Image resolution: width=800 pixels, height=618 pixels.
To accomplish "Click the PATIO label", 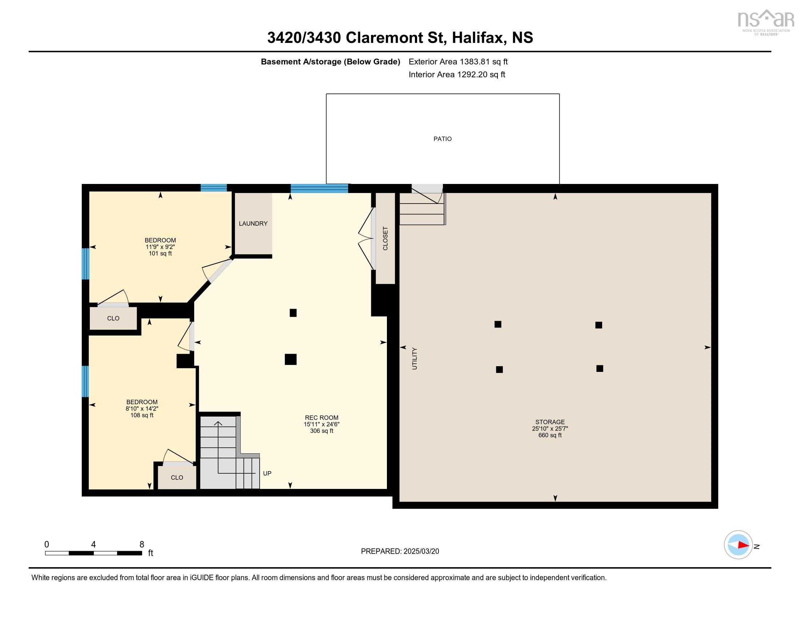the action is pos(443,139).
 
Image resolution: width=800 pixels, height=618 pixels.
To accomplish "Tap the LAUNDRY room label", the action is pos(253,223).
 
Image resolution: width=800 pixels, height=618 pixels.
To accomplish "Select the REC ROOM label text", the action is pos(321,418).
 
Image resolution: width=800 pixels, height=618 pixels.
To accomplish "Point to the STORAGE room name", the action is pos(550,422).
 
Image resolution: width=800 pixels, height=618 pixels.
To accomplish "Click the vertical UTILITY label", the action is pos(415,358).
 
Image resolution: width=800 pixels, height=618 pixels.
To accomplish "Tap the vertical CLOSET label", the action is pos(385,238).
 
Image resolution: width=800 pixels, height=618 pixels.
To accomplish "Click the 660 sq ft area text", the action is pos(550,435).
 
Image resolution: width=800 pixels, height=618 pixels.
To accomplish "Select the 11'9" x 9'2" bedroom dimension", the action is pos(160,247).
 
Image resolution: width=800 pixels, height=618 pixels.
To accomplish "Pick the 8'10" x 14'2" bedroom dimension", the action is pos(142,409).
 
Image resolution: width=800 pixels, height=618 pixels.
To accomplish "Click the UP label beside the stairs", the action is pos(267,473).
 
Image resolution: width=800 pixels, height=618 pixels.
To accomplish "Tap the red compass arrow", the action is pos(743,545).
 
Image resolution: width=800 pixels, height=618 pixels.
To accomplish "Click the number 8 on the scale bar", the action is pos(142,545).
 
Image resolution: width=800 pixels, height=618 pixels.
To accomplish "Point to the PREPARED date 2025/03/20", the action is pos(421,551).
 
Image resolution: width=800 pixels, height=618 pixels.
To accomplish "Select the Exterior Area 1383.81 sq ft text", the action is pos(458,61).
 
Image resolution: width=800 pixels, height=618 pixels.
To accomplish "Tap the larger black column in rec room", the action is pos(291,359).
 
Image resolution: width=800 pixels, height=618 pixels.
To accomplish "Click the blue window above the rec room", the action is pos(319,189).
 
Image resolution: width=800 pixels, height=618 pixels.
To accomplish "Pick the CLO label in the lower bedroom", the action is pos(177,477).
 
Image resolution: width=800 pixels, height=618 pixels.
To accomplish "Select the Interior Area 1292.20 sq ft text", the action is pos(457,75).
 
